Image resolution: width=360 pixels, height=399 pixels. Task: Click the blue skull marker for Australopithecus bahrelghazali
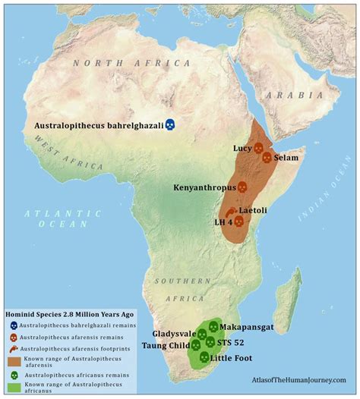pyautogui.click(x=171, y=124)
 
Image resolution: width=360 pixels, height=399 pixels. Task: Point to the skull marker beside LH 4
pyautogui.click(x=238, y=221)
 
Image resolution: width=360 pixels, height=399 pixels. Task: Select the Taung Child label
pyautogui.click(x=166, y=345)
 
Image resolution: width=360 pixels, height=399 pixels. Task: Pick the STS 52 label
pyautogui.click(x=241, y=342)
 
